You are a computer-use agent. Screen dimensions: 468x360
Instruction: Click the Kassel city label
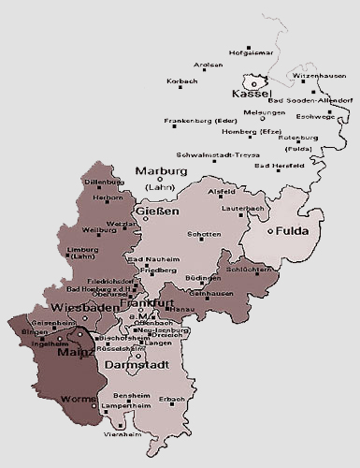tap(252, 95)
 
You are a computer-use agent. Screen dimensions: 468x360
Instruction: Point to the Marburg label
tap(162, 171)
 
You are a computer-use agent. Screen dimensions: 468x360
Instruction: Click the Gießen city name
tap(158, 212)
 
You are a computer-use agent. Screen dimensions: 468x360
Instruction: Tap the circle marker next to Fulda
tap(269, 230)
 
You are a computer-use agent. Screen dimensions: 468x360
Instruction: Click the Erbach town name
tap(173, 400)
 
